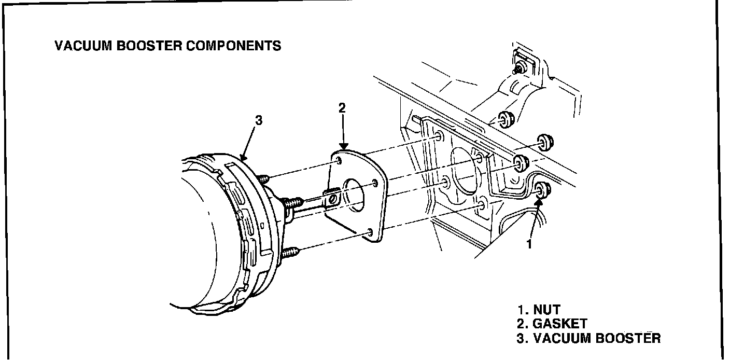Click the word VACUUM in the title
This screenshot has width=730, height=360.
(x=83, y=46)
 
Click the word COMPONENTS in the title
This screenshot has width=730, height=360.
(x=234, y=46)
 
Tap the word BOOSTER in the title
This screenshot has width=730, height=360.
(x=149, y=46)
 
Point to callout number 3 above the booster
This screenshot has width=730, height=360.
(x=259, y=120)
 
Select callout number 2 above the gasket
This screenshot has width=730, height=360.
(x=342, y=108)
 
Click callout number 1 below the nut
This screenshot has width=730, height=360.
(x=529, y=244)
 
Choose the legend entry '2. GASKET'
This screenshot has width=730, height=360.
(x=552, y=324)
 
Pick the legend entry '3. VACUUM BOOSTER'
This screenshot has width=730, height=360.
(x=588, y=338)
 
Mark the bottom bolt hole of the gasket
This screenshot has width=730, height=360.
(x=370, y=232)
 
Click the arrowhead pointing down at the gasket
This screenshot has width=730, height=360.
(x=344, y=146)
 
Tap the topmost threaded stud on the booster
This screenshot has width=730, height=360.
(x=263, y=178)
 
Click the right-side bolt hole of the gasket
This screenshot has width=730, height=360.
(x=375, y=183)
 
